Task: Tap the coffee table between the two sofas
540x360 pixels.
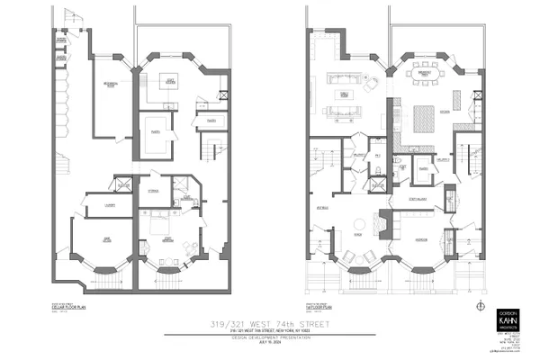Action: (342, 93)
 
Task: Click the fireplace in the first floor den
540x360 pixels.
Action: (383, 220)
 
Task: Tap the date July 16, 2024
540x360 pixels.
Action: (270, 342)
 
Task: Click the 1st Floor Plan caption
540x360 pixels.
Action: (319, 306)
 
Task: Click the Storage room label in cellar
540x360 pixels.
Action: (154, 191)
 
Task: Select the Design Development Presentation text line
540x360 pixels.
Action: (270, 337)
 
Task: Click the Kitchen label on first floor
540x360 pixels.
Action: (445, 111)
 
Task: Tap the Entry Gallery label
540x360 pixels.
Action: (418, 199)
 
